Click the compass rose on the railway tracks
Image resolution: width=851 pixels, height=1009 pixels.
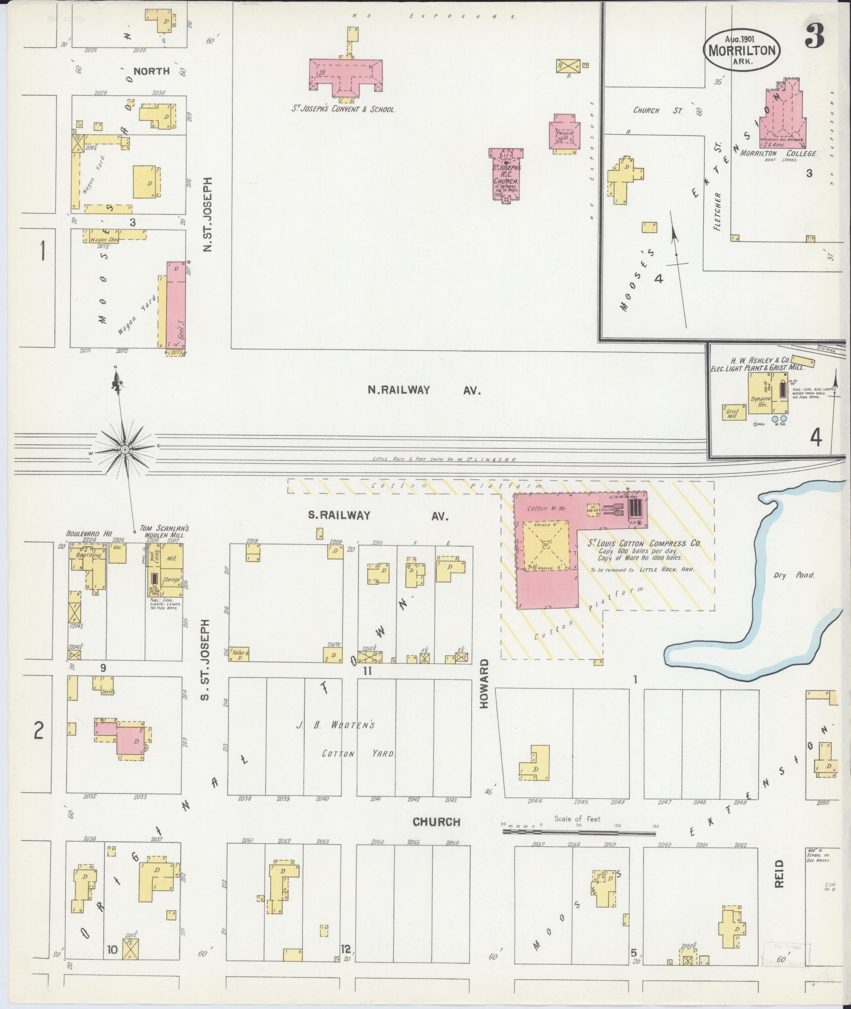tap(125, 449)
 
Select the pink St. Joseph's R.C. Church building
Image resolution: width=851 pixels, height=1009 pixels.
tap(506, 174)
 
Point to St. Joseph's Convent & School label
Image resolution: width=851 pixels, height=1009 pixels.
tap(343, 109)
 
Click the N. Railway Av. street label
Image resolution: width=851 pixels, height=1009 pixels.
tap(424, 391)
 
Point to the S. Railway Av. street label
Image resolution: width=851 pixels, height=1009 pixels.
tap(378, 515)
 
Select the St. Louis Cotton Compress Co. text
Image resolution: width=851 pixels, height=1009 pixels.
tap(644, 543)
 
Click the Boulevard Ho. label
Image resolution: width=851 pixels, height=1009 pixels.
tap(89, 534)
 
